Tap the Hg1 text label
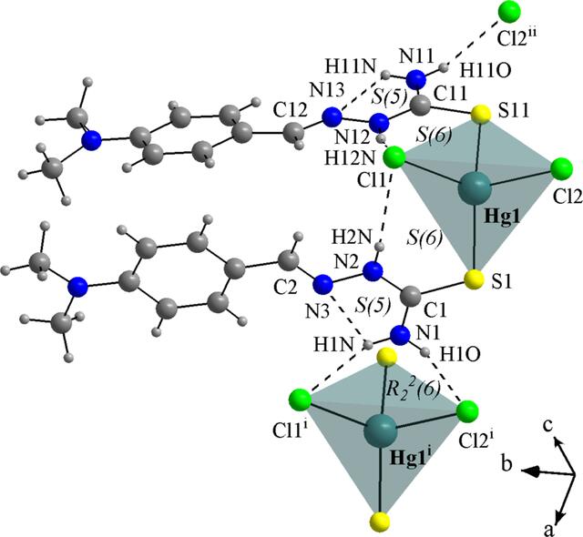(x=502, y=217)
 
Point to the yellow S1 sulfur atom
(x=475, y=279)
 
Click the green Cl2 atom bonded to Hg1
(x=561, y=167)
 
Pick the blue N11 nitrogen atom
(x=415, y=79)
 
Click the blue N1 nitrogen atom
(x=400, y=334)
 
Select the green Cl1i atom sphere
(x=300, y=400)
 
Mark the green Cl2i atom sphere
(x=467, y=411)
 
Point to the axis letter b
(x=506, y=464)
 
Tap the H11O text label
(x=486, y=71)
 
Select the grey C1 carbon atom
(x=411, y=297)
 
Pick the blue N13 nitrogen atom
(x=332, y=118)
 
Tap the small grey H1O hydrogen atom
(x=426, y=351)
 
